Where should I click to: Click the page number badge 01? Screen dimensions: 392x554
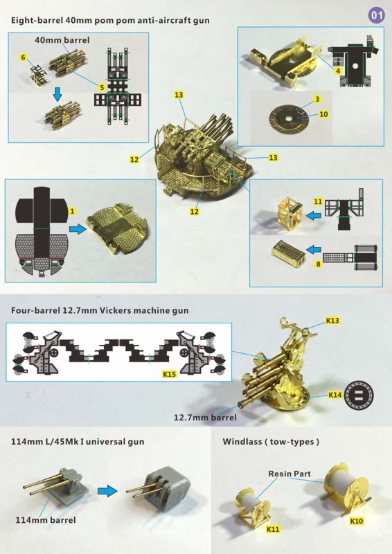377,15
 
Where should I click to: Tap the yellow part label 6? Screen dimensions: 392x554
24,57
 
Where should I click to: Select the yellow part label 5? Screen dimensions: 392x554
102,87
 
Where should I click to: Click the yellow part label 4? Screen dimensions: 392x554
338,71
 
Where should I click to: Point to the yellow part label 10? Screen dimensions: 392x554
323,114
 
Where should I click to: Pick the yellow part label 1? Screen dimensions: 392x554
73,211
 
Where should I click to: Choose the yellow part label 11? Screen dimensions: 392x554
318,202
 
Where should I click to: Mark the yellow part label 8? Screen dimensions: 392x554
319,264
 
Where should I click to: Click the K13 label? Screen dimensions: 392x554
332,321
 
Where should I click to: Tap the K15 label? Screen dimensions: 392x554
169,374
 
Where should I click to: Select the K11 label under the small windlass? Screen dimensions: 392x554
273,529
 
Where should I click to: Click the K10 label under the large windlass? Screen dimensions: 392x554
356,521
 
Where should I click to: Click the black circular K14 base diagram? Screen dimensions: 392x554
359,395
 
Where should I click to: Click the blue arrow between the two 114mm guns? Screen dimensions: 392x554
107,491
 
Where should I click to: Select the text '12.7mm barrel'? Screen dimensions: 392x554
205,418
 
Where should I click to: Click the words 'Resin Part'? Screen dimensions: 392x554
289,474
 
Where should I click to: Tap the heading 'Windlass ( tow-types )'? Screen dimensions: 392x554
271,442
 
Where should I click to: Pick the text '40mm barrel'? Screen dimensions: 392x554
62,40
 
